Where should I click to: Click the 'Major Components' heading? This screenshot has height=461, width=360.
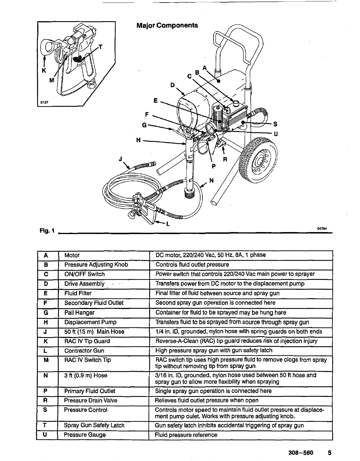(x=167, y=25)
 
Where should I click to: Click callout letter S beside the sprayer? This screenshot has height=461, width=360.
(x=275, y=124)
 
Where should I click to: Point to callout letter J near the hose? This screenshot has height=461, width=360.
(x=121, y=159)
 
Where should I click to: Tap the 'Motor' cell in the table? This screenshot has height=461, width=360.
(x=72, y=255)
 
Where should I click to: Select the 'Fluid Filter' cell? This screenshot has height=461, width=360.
(x=78, y=293)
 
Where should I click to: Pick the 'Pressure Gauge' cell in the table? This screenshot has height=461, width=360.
(x=85, y=435)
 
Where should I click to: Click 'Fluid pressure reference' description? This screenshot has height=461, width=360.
(x=186, y=435)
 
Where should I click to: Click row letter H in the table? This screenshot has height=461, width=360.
(x=46, y=322)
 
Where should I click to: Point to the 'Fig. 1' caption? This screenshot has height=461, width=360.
(x=47, y=231)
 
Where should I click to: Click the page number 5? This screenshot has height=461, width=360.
(x=330, y=453)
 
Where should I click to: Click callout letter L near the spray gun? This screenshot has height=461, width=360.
(x=168, y=225)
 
